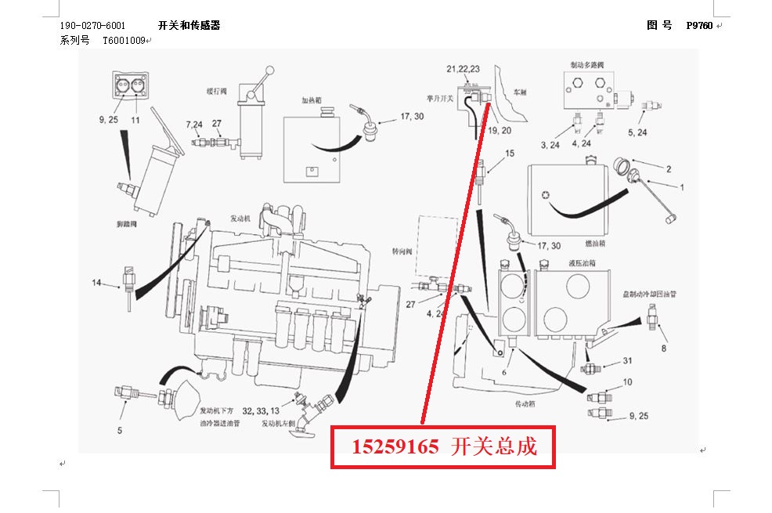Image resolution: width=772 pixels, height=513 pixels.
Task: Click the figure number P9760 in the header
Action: tap(698, 25)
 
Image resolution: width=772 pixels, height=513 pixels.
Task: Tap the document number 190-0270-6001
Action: tap(92, 25)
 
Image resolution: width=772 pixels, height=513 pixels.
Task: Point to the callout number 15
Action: tap(510, 154)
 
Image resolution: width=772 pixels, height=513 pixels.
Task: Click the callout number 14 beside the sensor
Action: tap(96, 282)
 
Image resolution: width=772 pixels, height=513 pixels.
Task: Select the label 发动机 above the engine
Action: tap(240, 218)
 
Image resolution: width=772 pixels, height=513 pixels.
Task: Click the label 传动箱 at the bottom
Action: tap(528, 405)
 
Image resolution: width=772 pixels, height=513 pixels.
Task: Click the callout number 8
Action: tap(664, 347)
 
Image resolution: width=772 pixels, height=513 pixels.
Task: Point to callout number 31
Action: tap(627, 360)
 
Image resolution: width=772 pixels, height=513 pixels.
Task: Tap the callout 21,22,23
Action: tap(463, 69)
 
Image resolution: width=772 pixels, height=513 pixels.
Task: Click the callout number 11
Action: tap(135, 120)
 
